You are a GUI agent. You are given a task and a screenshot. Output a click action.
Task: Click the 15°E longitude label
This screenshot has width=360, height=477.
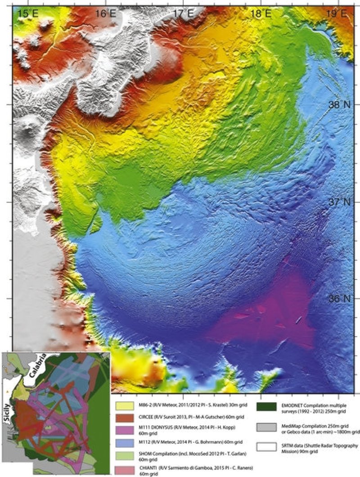click(x=28, y=13)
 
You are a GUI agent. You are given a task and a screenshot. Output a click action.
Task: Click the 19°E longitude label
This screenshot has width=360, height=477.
click(x=337, y=13)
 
